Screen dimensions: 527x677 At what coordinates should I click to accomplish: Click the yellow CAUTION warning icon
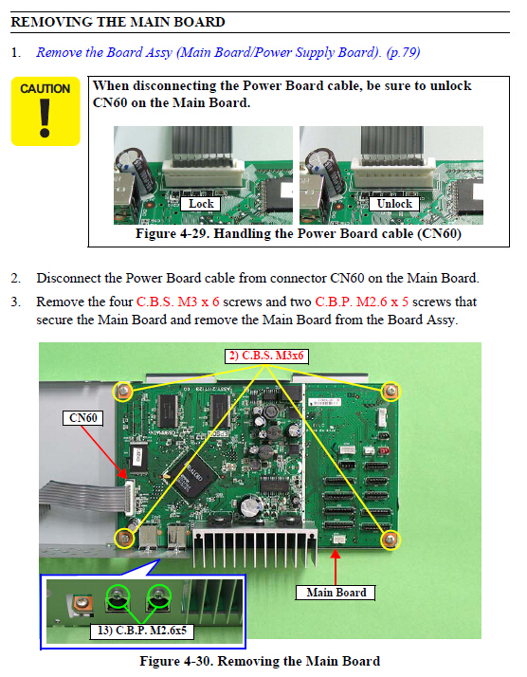[45, 111]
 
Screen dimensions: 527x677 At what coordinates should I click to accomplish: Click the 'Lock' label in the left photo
[201, 204]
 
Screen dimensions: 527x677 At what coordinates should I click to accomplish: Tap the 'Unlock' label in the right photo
[394, 204]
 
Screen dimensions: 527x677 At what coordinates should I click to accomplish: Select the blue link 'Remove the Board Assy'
[104, 53]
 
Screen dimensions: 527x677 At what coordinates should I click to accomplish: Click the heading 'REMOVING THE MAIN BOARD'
[118, 22]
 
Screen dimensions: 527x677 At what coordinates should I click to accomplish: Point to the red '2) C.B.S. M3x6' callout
[266, 356]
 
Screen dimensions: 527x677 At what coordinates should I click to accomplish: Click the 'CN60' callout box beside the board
[82, 418]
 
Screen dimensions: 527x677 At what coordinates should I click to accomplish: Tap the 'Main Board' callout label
[336, 593]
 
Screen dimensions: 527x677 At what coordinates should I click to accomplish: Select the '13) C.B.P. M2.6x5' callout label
[142, 631]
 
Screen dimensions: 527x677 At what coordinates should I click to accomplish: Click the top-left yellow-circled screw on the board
[123, 392]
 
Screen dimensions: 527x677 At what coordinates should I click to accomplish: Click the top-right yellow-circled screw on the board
[391, 392]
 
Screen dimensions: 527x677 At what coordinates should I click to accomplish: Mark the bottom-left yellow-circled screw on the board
[125, 538]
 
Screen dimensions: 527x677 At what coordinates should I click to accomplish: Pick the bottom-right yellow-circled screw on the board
[391, 540]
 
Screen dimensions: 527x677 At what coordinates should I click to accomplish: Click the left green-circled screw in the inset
[118, 596]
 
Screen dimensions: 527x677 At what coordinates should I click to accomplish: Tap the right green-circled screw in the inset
[159, 596]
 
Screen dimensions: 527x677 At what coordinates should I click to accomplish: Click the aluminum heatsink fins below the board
[255, 546]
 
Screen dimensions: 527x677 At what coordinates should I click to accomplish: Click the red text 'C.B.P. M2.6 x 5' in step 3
[362, 302]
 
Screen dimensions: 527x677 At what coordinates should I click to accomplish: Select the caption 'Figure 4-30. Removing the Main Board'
[260, 662]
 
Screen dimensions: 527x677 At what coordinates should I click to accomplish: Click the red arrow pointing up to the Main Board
[336, 566]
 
